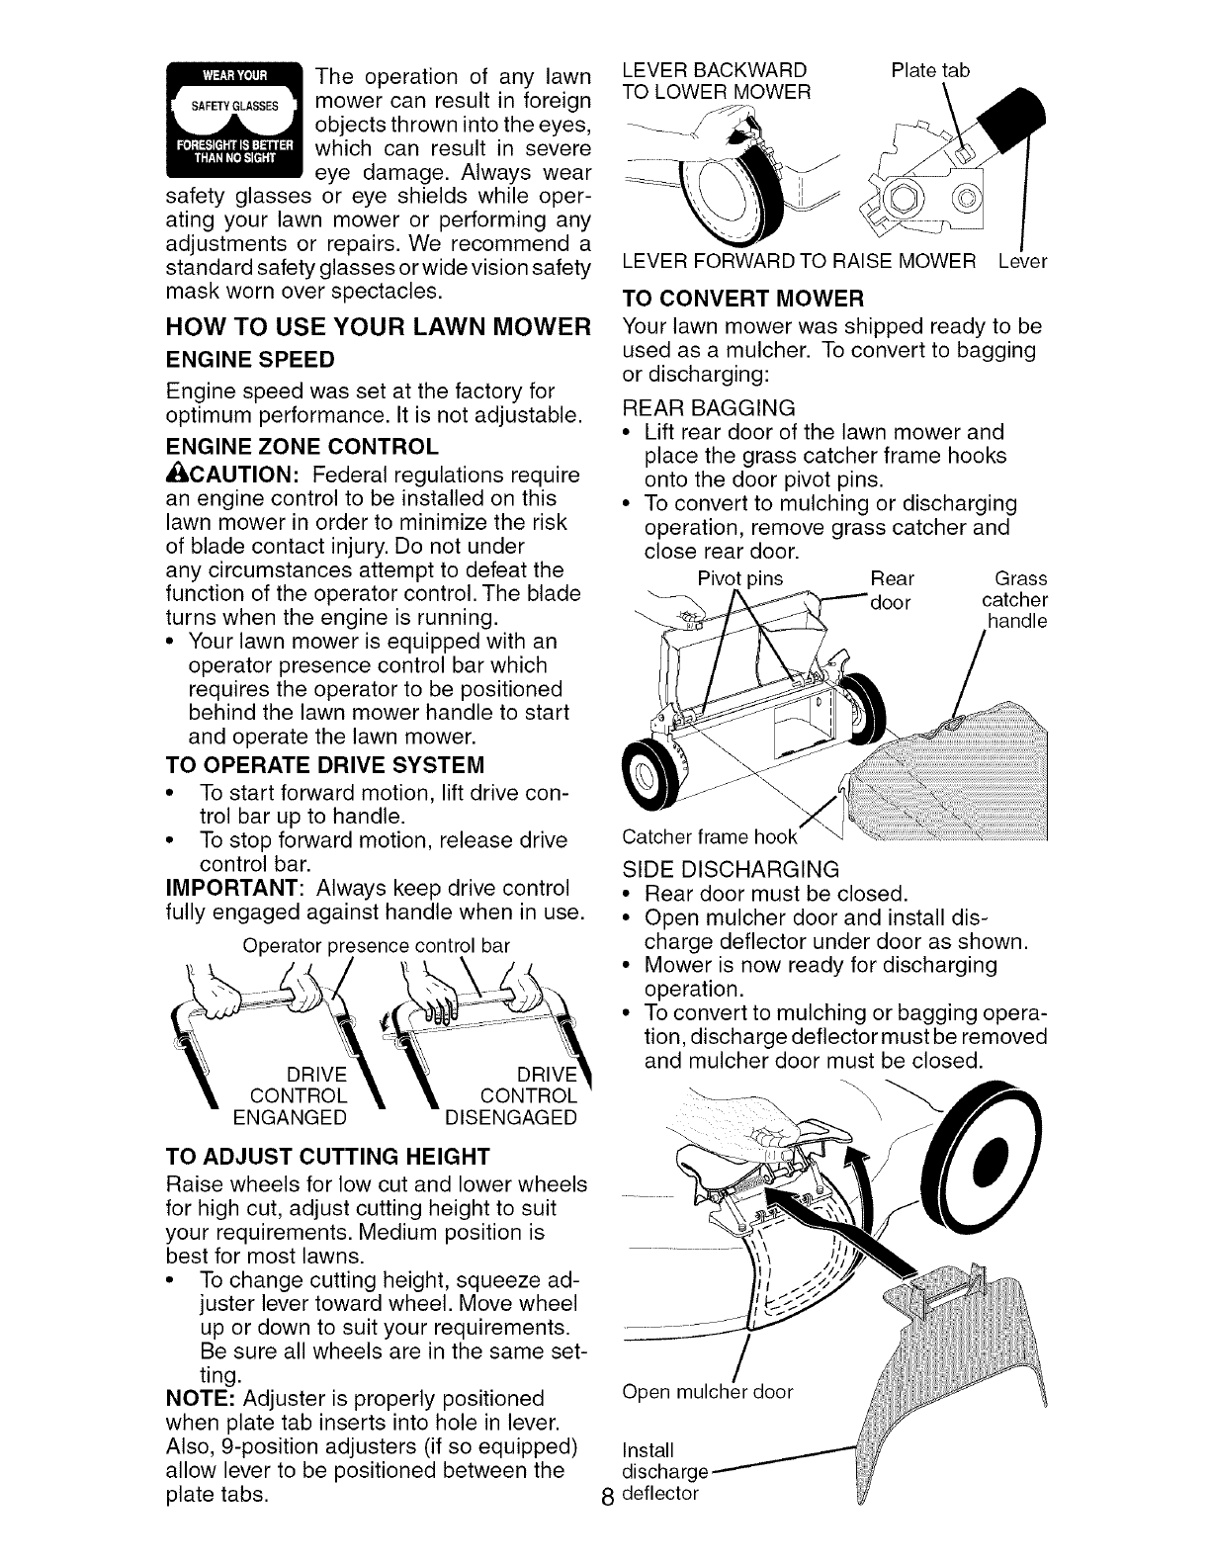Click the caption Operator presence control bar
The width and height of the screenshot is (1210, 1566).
point(377,945)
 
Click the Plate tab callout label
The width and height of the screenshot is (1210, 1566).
point(929,70)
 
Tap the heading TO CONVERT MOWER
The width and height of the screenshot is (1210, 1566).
point(743,298)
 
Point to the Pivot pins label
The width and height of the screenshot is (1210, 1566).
point(739,577)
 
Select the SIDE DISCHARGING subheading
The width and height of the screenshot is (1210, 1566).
point(731,869)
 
